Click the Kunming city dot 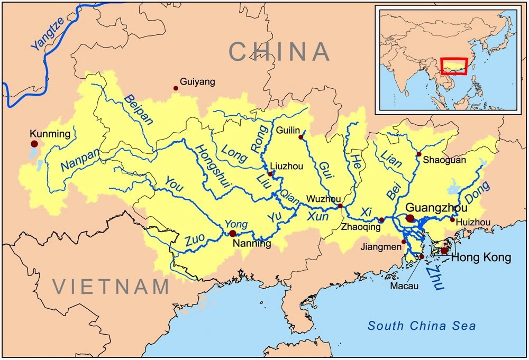coord(34,144)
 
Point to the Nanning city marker coord(232,233)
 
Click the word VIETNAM coord(111,287)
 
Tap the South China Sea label coord(422,326)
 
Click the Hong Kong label coord(481,258)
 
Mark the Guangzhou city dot coord(410,218)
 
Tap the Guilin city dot coord(301,137)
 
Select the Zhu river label coord(434,277)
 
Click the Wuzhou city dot coord(340,206)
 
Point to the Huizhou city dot coord(452,220)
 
